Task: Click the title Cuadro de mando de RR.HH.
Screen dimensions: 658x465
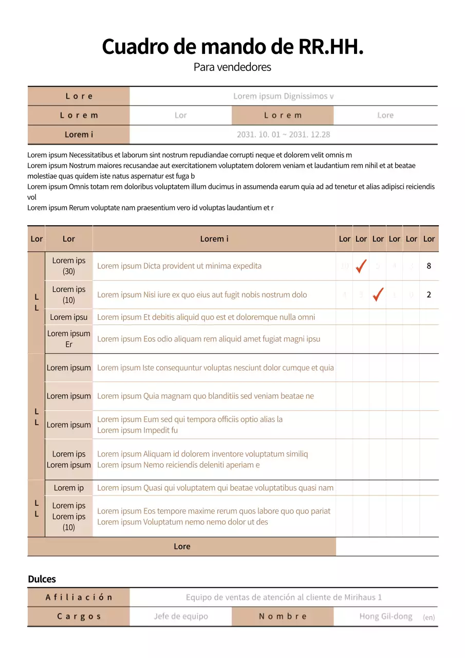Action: (x=232, y=47)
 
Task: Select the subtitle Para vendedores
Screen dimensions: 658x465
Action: (x=232, y=67)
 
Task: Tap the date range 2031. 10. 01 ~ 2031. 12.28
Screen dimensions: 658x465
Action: (x=283, y=135)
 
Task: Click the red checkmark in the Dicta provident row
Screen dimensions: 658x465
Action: (x=361, y=266)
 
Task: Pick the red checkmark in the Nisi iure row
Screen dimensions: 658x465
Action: (x=378, y=295)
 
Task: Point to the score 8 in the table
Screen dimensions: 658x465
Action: (x=429, y=266)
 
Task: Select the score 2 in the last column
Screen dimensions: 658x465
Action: (x=429, y=295)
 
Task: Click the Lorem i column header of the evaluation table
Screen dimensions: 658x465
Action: (x=214, y=239)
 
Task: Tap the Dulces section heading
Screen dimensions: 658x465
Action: (x=42, y=579)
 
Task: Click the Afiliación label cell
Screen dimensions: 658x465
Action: (x=79, y=597)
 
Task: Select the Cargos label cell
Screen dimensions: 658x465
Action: (x=79, y=616)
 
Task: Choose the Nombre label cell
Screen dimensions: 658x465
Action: (x=283, y=616)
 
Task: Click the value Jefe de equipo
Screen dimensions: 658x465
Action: (x=181, y=616)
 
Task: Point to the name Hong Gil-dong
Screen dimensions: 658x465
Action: (x=386, y=616)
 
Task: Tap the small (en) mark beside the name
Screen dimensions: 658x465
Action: (x=429, y=617)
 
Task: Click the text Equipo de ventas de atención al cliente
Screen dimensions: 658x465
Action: (x=284, y=597)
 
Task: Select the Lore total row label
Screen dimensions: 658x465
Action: (x=182, y=546)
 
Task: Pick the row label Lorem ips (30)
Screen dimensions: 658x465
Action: (x=69, y=266)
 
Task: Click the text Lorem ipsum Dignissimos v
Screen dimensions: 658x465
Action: (x=283, y=96)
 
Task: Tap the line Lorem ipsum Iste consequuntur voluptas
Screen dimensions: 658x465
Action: (x=215, y=368)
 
